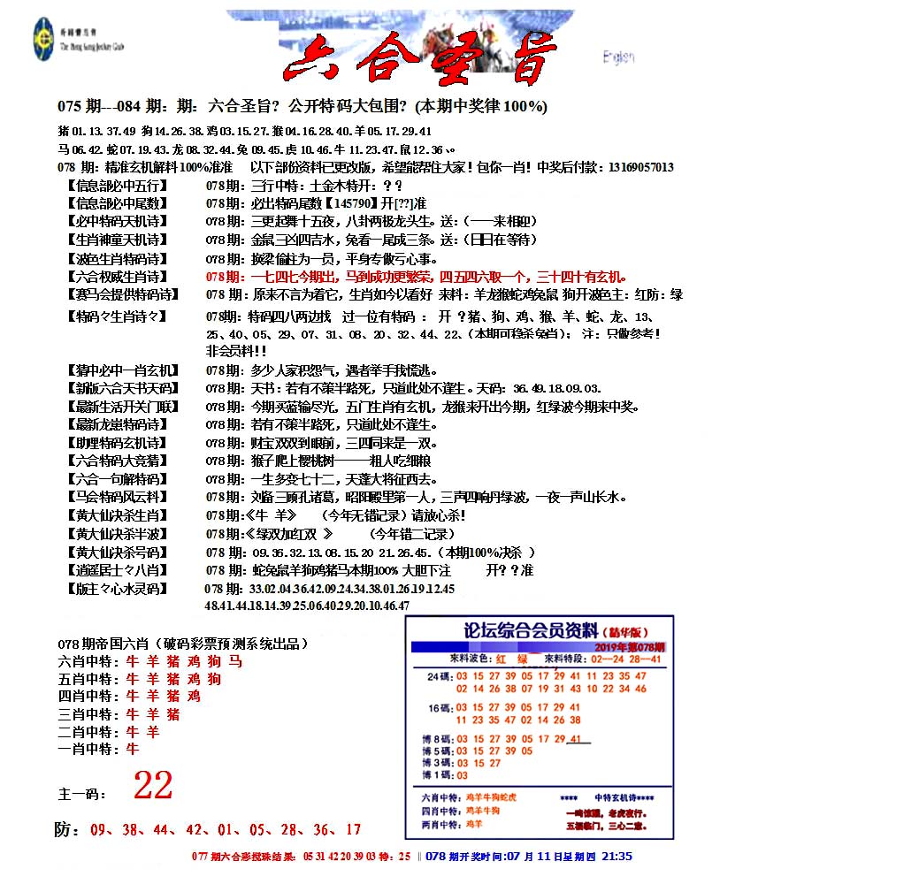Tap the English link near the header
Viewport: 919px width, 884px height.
tap(618, 57)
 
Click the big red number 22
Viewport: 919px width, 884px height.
tap(153, 784)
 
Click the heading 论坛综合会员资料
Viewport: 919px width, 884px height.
tap(531, 631)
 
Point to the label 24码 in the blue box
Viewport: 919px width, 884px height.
tap(439, 677)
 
